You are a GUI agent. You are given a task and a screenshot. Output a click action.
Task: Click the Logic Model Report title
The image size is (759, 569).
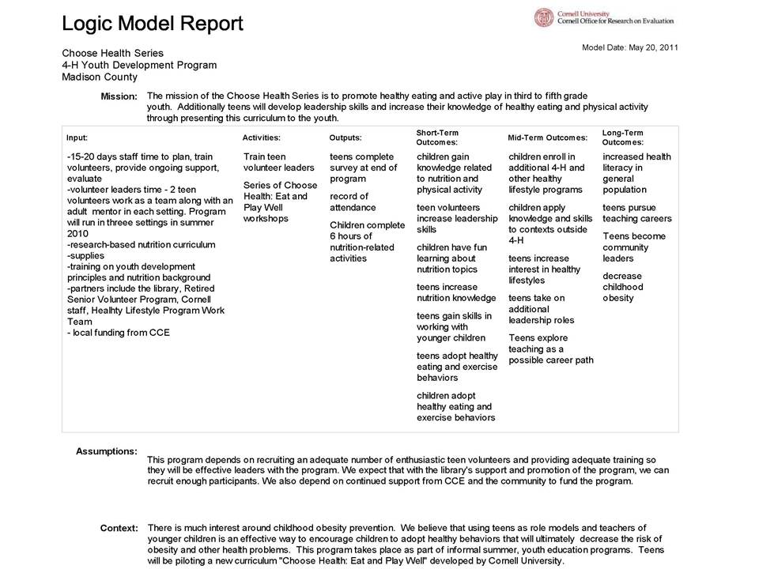pyautogui.click(x=153, y=24)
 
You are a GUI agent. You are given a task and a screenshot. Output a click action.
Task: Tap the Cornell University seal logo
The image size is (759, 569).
pyautogui.click(x=545, y=18)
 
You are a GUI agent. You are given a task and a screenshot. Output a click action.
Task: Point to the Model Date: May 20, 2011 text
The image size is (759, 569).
pyautogui.click(x=629, y=47)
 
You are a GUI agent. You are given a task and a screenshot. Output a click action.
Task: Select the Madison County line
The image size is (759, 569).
pyautogui.click(x=100, y=77)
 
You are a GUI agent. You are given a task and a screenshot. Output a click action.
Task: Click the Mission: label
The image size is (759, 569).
pyautogui.click(x=119, y=96)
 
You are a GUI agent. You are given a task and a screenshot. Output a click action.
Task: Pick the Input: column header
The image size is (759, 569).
pyautogui.click(x=77, y=138)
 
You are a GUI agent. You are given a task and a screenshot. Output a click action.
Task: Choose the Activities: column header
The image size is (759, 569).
pyautogui.click(x=262, y=138)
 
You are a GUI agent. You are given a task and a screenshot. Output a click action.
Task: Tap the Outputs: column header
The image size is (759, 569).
pyautogui.click(x=346, y=138)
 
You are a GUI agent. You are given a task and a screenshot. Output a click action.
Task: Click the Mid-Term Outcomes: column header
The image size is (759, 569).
pyautogui.click(x=548, y=138)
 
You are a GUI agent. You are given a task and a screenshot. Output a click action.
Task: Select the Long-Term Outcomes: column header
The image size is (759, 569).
pyautogui.click(x=622, y=137)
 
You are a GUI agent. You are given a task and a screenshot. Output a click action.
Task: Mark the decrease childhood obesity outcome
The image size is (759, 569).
pyautogui.click(x=623, y=287)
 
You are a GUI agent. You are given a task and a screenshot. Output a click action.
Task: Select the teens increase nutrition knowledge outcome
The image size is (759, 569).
pyautogui.click(x=456, y=292)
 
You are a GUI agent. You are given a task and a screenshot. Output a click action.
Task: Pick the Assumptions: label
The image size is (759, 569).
pyautogui.click(x=107, y=451)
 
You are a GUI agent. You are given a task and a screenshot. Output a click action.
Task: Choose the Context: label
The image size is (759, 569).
pyautogui.click(x=119, y=527)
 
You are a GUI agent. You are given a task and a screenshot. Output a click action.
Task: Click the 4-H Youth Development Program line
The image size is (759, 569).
pyautogui.click(x=139, y=65)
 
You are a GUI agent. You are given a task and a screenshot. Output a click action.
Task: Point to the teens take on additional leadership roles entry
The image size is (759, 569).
pyautogui.click(x=542, y=309)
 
